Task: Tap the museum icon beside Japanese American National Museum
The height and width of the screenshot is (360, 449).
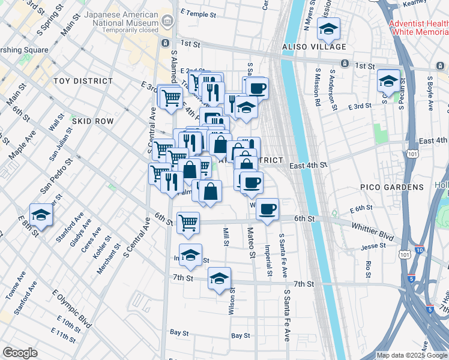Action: click(x=167, y=22)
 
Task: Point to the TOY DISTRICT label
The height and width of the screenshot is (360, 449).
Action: click(x=83, y=80)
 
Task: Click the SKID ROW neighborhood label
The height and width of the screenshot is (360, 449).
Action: click(x=93, y=121)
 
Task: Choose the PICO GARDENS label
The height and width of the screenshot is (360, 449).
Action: click(x=392, y=187)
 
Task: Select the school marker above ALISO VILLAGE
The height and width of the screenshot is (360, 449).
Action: click(x=328, y=29)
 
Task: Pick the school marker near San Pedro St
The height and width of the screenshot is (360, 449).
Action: click(x=41, y=214)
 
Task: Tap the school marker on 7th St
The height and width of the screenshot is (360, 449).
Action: click(x=220, y=278)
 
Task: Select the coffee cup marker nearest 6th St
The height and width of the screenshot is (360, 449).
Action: click(x=268, y=209)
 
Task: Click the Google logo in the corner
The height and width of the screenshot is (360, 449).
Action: click(x=20, y=353)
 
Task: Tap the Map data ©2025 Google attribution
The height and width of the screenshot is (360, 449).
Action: click(x=412, y=355)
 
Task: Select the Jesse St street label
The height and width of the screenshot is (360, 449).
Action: click(x=373, y=247)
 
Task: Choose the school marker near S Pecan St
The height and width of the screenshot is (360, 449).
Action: click(x=388, y=81)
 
